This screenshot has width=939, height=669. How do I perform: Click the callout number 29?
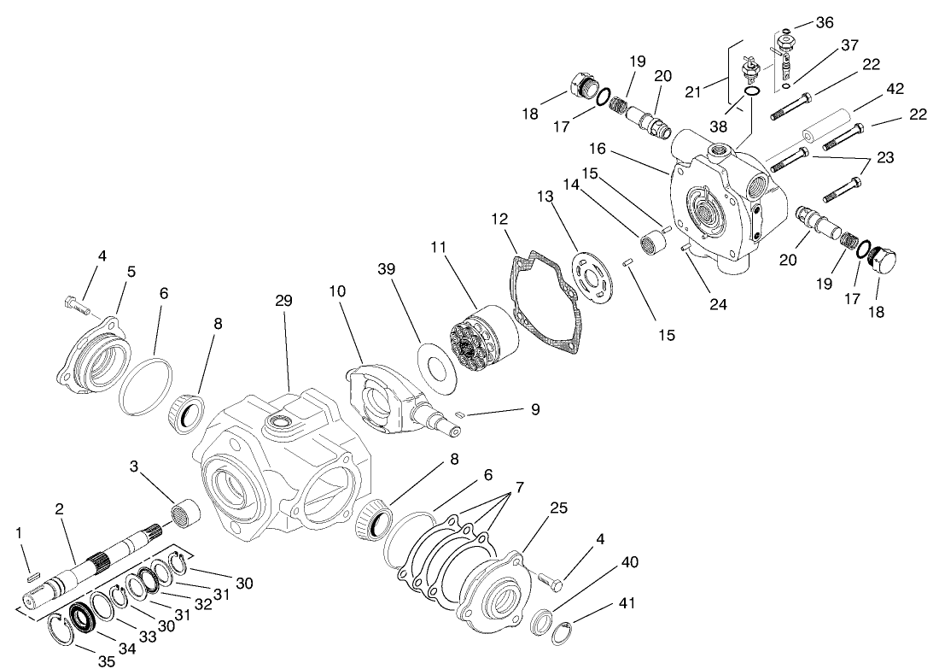click(284, 302)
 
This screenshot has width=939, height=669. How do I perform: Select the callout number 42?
click(895, 89)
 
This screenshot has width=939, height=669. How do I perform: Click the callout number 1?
click(20, 533)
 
